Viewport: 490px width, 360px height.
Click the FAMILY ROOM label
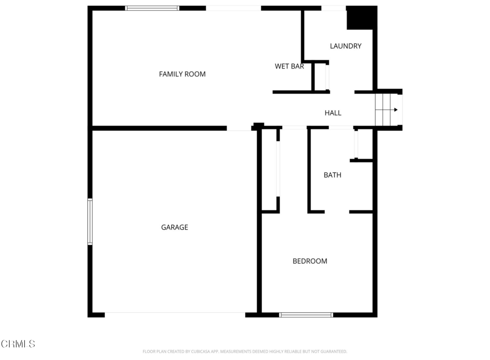[182, 74]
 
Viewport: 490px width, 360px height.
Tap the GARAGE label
[174, 227]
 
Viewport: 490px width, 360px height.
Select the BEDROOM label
[310, 261]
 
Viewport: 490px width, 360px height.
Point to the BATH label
[332, 175]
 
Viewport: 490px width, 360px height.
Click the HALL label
[333, 113]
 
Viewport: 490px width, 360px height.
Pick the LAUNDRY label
[345, 46]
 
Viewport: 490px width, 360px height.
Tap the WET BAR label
[290, 66]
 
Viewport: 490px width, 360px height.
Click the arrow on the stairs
[387, 110]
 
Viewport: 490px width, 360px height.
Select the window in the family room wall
[152, 8]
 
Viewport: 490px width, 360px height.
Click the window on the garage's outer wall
[90, 221]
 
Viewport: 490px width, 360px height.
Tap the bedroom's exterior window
[306, 315]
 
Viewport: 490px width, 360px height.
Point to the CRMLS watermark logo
[18, 344]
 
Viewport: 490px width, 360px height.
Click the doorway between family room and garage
[239, 128]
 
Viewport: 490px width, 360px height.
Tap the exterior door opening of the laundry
[334, 8]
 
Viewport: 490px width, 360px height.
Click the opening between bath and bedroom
[337, 212]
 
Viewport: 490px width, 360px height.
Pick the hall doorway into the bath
[341, 127]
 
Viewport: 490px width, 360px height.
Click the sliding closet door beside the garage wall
[278, 169]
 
